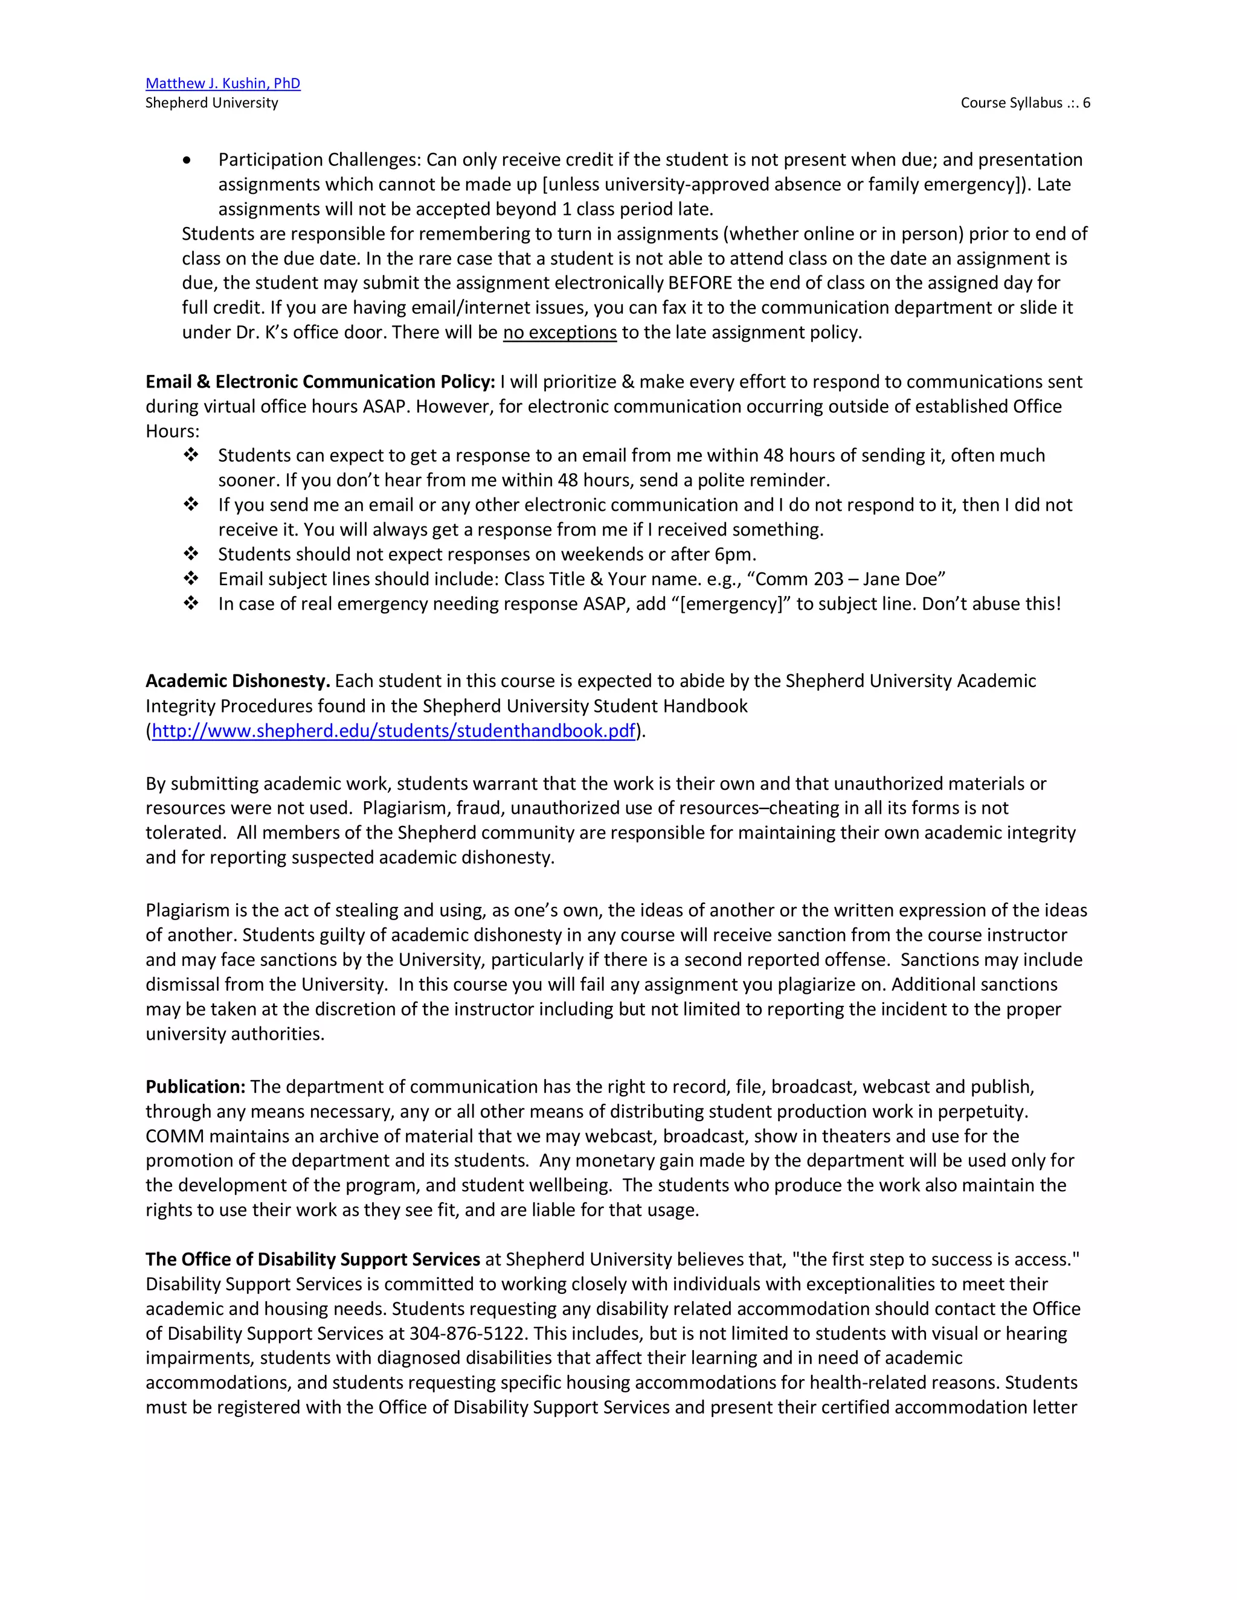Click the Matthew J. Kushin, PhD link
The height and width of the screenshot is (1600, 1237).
pos(223,83)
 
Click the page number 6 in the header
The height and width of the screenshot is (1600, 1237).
pos(1086,103)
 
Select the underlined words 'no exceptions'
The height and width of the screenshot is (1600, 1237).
pos(559,333)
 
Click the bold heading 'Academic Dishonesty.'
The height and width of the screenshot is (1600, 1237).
pos(238,680)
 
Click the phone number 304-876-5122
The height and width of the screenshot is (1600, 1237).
pos(467,1333)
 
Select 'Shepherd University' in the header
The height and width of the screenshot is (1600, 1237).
pos(212,103)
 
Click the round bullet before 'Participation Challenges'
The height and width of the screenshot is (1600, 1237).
pos(188,161)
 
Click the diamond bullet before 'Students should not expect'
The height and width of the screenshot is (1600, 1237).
pos(191,554)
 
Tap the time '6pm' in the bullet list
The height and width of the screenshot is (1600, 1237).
pos(733,554)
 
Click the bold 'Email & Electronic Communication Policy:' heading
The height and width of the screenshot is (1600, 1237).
pos(320,382)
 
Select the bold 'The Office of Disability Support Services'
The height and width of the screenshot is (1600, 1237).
pos(312,1259)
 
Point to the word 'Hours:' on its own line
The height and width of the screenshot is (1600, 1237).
pos(172,430)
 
